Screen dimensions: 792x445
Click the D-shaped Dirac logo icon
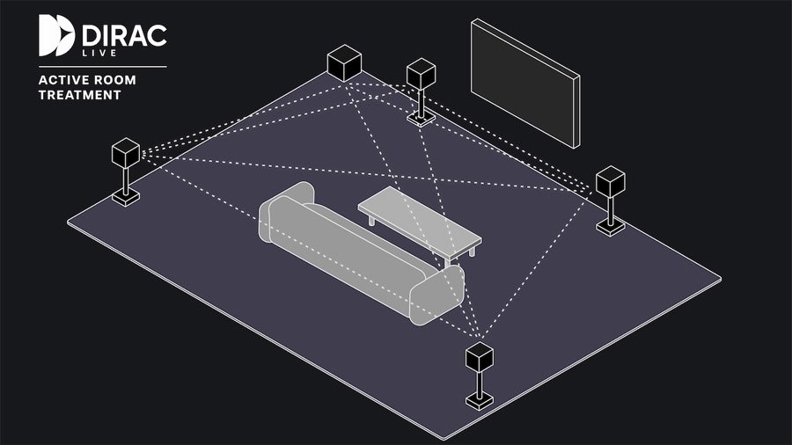click(x=56, y=35)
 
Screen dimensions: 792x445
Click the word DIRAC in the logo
click(x=124, y=36)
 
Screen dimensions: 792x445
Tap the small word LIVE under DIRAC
click(x=99, y=53)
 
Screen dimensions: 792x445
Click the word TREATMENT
click(x=80, y=95)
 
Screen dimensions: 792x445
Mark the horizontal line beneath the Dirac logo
click(x=103, y=67)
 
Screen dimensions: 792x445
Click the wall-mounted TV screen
click(x=525, y=84)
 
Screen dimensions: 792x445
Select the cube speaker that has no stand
click(x=344, y=63)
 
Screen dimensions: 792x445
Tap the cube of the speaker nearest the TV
click(x=422, y=74)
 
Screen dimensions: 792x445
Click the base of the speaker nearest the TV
click(x=422, y=119)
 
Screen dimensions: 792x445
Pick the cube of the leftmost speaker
click(x=126, y=153)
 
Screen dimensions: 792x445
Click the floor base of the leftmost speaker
click(x=126, y=197)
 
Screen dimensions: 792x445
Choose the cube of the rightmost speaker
click(x=611, y=182)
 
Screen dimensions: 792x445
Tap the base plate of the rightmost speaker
click(x=611, y=227)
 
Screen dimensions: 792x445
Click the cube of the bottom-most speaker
click(x=480, y=357)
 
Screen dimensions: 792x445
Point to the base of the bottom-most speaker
click(x=480, y=402)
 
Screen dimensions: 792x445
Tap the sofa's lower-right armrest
click(x=436, y=295)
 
